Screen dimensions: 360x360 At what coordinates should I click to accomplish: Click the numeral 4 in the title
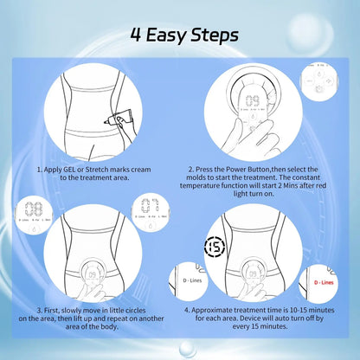point(136,35)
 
